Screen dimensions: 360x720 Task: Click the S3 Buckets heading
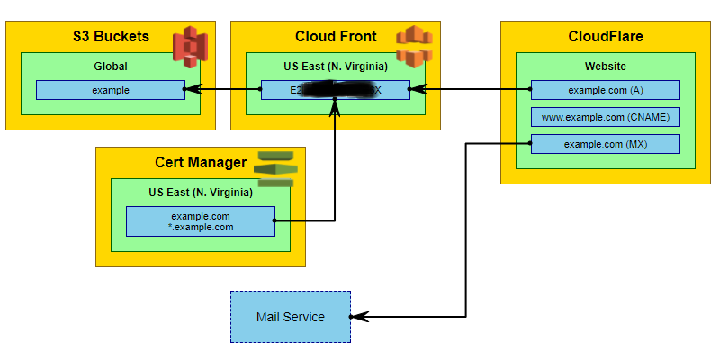(x=111, y=37)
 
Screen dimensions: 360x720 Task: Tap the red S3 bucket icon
(x=190, y=44)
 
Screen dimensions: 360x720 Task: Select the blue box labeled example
(x=111, y=90)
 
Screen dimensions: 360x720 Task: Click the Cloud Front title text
(x=336, y=37)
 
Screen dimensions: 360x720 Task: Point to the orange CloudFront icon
(x=411, y=46)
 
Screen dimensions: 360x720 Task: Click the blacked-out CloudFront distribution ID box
(x=334, y=90)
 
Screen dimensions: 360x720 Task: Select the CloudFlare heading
(x=606, y=37)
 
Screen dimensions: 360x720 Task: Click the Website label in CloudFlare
(x=605, y=66)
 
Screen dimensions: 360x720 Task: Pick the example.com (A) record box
(x=605, y=90)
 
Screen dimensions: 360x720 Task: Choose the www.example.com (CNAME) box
(x=605, y=117)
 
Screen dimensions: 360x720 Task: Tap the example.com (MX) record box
(x=605, y=144)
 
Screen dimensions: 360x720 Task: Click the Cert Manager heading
(x=200, y=163)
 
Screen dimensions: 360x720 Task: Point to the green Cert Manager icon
(x=274, y=168)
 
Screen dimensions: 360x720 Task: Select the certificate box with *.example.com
(x=201, y=221)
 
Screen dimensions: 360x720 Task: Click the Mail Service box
(x=290, y=317)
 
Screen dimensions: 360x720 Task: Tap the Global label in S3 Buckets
(x=111, y=66)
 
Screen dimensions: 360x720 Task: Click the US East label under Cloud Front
(x=334, y=66)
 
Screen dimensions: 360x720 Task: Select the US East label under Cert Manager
(x=201, y=192)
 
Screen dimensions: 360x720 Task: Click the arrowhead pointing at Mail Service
(x=356, y=317)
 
